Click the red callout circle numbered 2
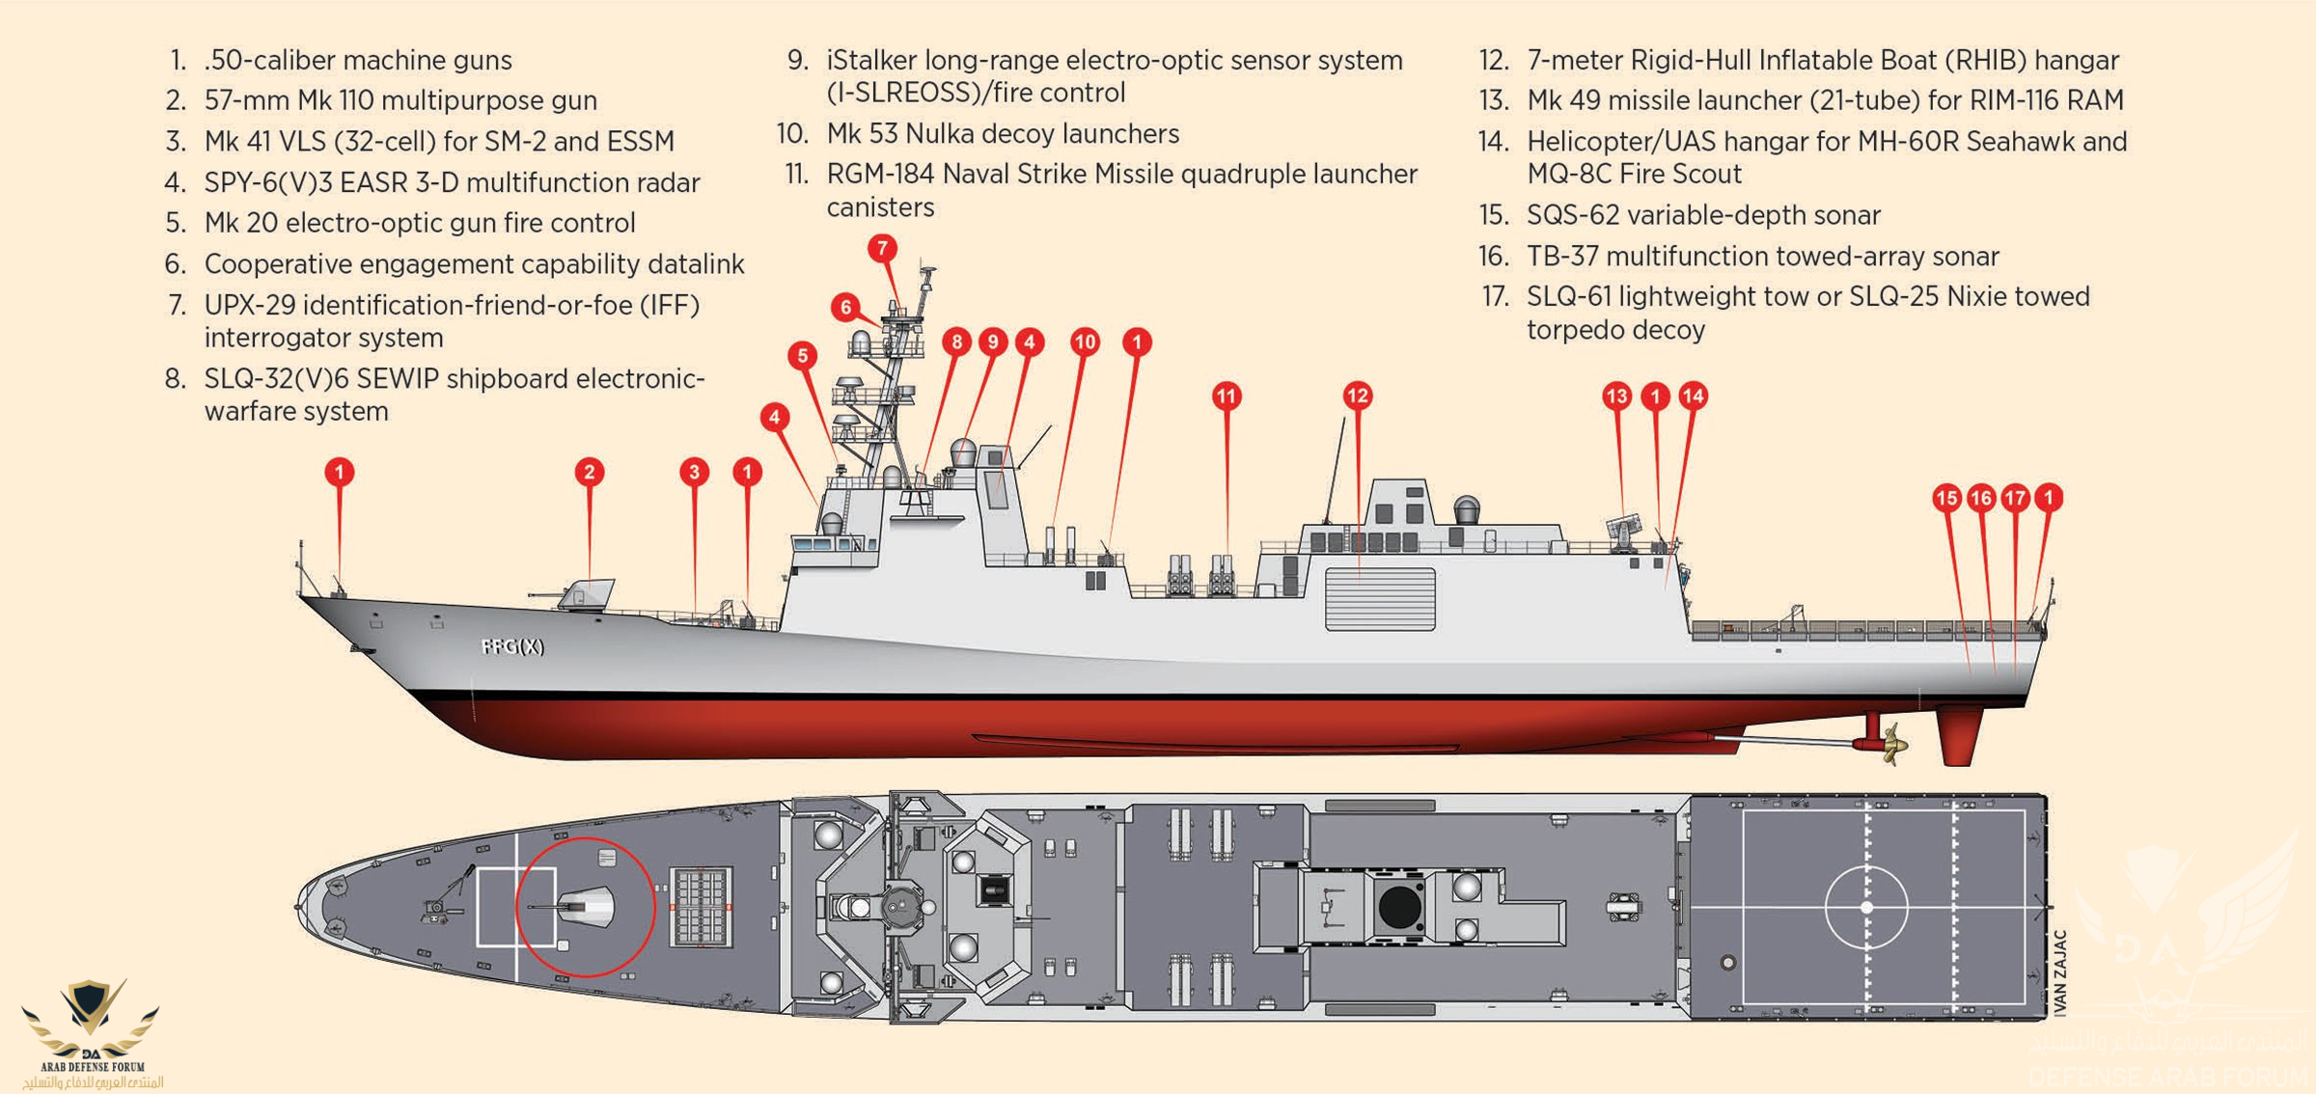590,472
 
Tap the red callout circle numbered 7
882,249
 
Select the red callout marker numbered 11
1227,396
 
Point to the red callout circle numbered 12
1358,396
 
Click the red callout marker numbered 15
1947,498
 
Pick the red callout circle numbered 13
1617,396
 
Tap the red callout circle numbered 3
695,472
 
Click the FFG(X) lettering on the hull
512,646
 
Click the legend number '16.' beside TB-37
1494,257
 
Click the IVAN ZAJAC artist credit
2060,972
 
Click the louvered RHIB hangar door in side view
1380,600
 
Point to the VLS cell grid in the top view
701,907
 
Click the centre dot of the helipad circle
1867,908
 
